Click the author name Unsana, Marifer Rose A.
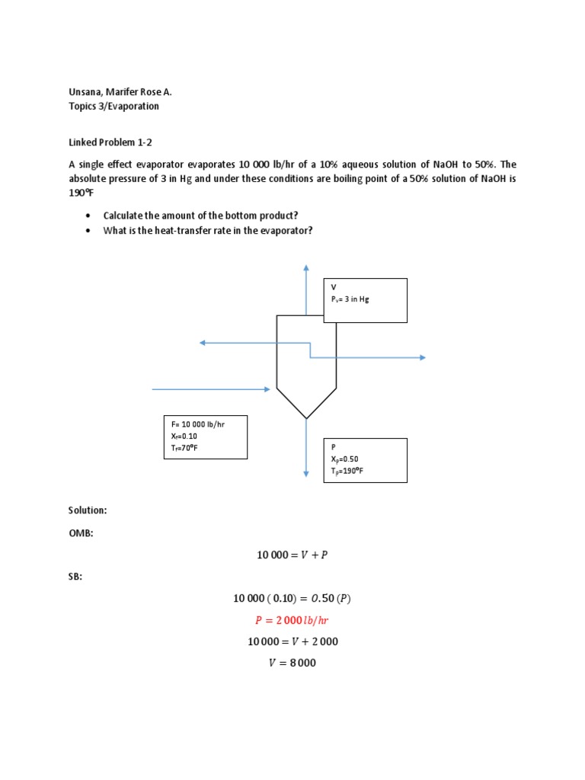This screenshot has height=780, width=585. pos(120,92)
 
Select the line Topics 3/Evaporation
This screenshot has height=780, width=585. pos(114,106)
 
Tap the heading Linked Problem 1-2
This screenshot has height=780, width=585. pos(110,142)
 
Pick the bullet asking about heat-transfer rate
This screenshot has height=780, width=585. pos(208,230)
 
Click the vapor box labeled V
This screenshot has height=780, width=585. pos(365,300)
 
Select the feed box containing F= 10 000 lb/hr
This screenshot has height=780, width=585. pos(206,437)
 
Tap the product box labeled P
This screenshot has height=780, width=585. pos(365,460)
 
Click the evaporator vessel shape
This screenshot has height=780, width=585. pos(306,366)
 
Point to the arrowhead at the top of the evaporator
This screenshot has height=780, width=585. pos(306,268)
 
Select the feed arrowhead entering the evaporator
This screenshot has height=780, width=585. pos(267,389)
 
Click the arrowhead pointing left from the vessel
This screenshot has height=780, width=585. pos(203,343)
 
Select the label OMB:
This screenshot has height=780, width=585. pos(81,533)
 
